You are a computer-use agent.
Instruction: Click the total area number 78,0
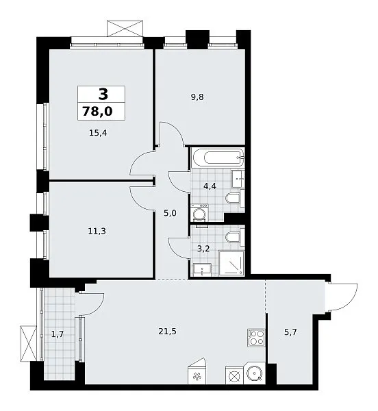point(97,111)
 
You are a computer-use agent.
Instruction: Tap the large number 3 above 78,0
point(103,94)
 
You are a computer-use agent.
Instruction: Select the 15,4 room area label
point(98,133)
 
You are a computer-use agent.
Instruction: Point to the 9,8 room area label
point(197,97)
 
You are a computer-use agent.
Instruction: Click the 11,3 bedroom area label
point(97,232)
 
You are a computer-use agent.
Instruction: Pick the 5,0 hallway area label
point(170,213)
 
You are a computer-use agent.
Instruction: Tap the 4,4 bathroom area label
point(210,186)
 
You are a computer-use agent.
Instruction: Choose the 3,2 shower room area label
point(203,249)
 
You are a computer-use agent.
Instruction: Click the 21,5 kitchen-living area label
point(167,332)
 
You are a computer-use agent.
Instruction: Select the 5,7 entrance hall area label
point(290,332)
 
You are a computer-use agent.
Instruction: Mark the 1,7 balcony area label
point(58,334)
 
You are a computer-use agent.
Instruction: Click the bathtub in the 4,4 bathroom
point(218,158)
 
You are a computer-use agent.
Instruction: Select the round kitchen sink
point(254,373)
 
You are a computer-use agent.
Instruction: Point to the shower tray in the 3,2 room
point(231,264)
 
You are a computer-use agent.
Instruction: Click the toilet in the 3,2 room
point(235,237)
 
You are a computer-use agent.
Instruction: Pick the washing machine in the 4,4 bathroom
point(199,213)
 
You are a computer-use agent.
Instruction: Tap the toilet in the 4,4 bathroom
point(235,198)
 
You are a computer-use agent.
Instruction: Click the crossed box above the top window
point(125,28)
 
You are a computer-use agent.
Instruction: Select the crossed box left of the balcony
point(29,344)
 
